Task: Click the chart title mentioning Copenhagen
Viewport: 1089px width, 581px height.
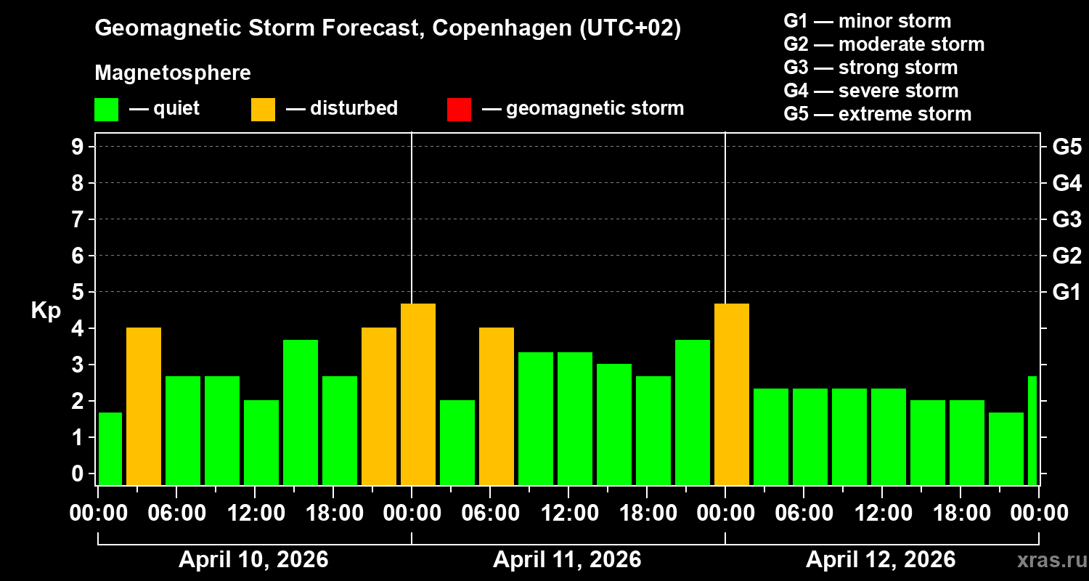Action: click(x=388, y=28)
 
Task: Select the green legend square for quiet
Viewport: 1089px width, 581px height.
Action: click(x=106, y=109)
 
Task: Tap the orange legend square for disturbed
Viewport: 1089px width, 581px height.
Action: click(x=263, y=109)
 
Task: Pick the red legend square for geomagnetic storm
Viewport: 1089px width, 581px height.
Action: click(x=459, y=109)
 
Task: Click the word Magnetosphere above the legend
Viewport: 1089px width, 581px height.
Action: click(x=173, y=73)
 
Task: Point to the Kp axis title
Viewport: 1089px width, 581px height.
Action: click(x=46, y=311)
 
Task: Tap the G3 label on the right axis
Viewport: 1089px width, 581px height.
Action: click(x=1066, y=219)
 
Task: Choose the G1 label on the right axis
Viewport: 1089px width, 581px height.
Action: click(x=1066, y=292)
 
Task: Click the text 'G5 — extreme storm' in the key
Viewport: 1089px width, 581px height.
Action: click(x=877, y=114)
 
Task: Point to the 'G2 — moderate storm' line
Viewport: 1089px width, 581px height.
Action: click(x=884, y=44)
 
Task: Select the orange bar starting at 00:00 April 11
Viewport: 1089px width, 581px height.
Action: click(x=418, y=394)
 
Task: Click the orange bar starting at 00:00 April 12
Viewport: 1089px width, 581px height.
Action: click(x=732, y=394)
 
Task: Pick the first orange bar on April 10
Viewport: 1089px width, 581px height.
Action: click(x=144, y=407)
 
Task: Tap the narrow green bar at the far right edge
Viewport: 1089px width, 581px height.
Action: click(x=1032, y=430)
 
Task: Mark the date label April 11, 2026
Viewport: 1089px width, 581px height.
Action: click(x=567, y=560)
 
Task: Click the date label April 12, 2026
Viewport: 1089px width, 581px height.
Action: click(x=881, y=560)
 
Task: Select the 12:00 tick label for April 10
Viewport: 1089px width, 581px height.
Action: click(x=256, y=513)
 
